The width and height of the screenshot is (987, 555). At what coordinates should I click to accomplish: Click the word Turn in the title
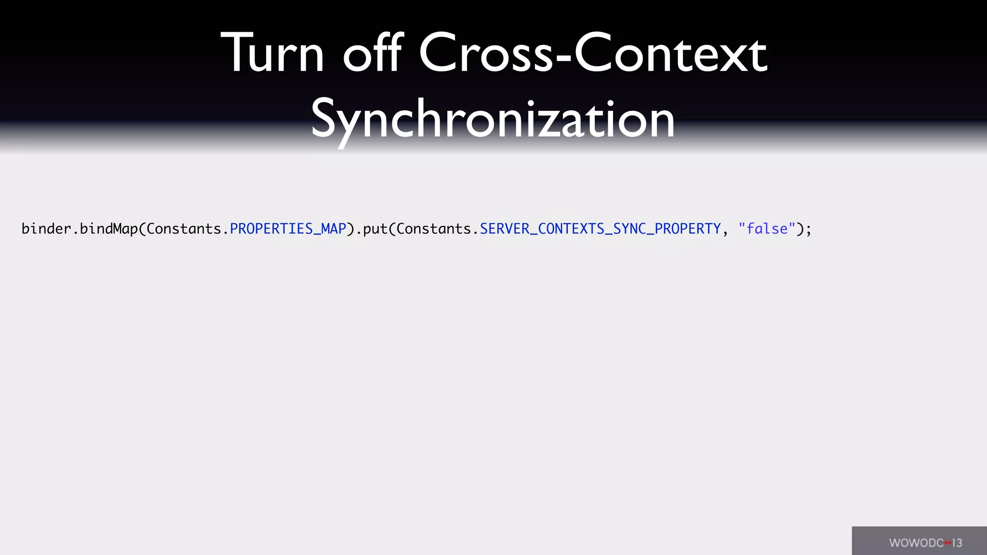click(x=272, y=53)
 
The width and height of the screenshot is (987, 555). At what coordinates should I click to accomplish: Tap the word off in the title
click(x=372, y=53)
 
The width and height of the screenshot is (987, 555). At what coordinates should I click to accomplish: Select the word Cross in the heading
click(x=486, y=53)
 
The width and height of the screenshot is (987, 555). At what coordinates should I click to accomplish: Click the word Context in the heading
click(x=670, y=53)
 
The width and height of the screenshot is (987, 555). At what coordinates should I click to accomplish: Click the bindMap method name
click(x=109, y=228)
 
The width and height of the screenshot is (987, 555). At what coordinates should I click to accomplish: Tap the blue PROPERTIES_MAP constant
click(x=288, y=228)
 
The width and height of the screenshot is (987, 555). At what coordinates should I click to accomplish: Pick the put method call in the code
click(x=375, y=229)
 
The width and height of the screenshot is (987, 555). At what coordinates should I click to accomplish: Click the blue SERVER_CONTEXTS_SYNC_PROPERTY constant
click(x=600, y=228)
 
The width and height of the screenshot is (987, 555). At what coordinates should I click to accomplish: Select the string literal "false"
click(x=767, y=228)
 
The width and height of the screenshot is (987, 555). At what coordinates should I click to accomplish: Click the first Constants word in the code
click(x=184, y=228)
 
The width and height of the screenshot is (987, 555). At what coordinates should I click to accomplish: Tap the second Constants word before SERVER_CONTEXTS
click(x=434, y=228)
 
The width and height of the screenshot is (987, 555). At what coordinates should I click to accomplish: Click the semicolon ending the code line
click(x=808, y=230)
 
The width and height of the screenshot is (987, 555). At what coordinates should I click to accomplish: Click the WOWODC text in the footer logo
click(x=916, y=543)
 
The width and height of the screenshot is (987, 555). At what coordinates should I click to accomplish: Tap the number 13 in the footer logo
click(x=957, y=543)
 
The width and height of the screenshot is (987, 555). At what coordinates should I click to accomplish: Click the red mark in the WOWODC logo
click(x=948, y=543)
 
